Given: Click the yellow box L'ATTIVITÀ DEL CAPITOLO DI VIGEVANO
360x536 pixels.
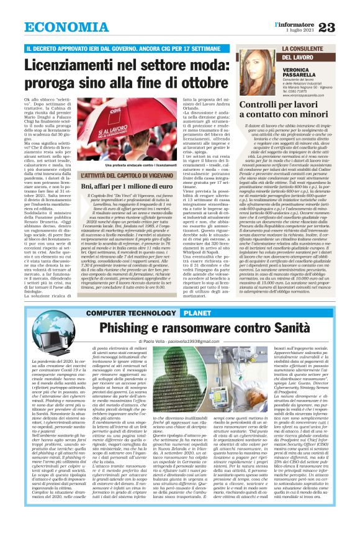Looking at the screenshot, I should (119, 179).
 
